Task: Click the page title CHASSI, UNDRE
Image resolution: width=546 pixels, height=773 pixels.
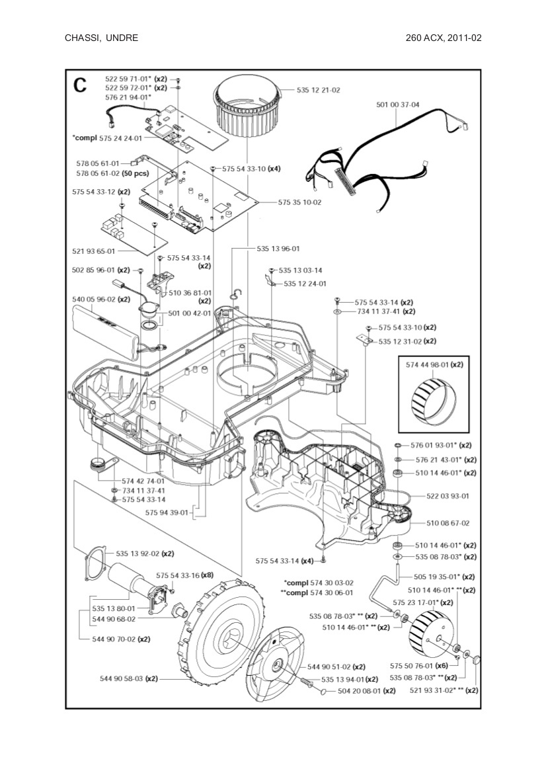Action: (x=101, y=38)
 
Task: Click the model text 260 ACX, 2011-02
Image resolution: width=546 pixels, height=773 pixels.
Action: (x=444, y=38)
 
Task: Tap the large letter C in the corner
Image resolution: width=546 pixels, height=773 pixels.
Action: (x=80, y=85)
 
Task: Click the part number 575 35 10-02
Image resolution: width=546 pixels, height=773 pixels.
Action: (x=299, y=202)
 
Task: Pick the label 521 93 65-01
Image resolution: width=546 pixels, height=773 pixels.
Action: (x=93, y=251)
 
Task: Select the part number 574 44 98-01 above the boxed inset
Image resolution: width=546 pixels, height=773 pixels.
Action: (x=435, y=364)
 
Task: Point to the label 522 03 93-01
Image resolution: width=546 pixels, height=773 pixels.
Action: (x=448, y=495)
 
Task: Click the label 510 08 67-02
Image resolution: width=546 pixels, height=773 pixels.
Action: (x=448, y=523)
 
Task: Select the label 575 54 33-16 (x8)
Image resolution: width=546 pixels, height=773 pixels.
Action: (x=184, y=576)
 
